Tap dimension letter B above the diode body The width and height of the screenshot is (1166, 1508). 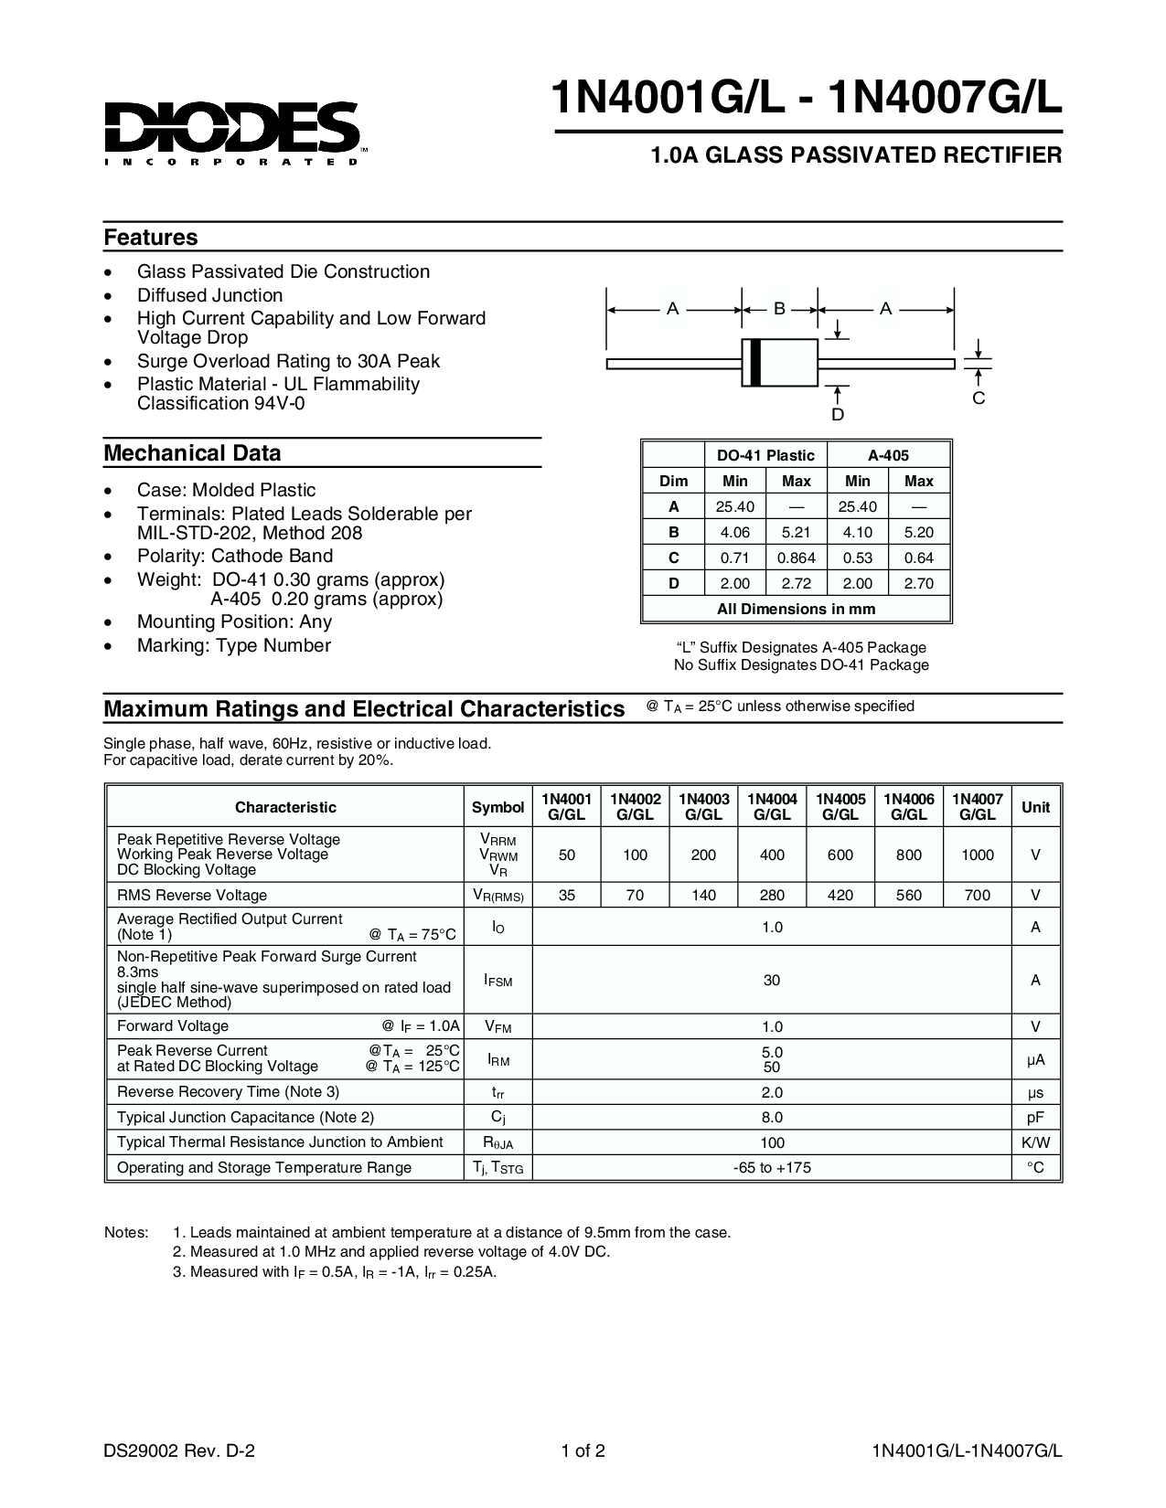[779, 309]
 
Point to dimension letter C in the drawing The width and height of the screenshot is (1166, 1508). [979, 398]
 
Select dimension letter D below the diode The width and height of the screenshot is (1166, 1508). [838, 415]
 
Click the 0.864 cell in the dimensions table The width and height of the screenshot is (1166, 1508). [796, 558]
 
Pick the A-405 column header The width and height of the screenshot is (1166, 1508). [888, 455]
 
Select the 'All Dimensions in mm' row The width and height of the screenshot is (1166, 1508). [796, 609]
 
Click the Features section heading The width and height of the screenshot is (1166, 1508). [151, 238]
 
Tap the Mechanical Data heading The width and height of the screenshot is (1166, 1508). [192, 453]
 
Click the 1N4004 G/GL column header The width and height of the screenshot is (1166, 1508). [772, 807]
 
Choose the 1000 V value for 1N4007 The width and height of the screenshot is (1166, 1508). [978, 855]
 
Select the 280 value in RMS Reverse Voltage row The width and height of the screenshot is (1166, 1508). [772, 896]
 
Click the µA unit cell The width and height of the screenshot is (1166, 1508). [1035, 1060]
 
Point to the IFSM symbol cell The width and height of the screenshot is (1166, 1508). [497, 981]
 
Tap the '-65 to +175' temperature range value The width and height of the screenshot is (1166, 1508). [772, 1168]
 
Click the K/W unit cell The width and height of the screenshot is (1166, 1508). [1035, 1142]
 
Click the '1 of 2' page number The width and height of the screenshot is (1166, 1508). [583, 1450]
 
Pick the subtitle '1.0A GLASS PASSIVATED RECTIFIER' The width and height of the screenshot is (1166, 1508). [856, 155]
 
